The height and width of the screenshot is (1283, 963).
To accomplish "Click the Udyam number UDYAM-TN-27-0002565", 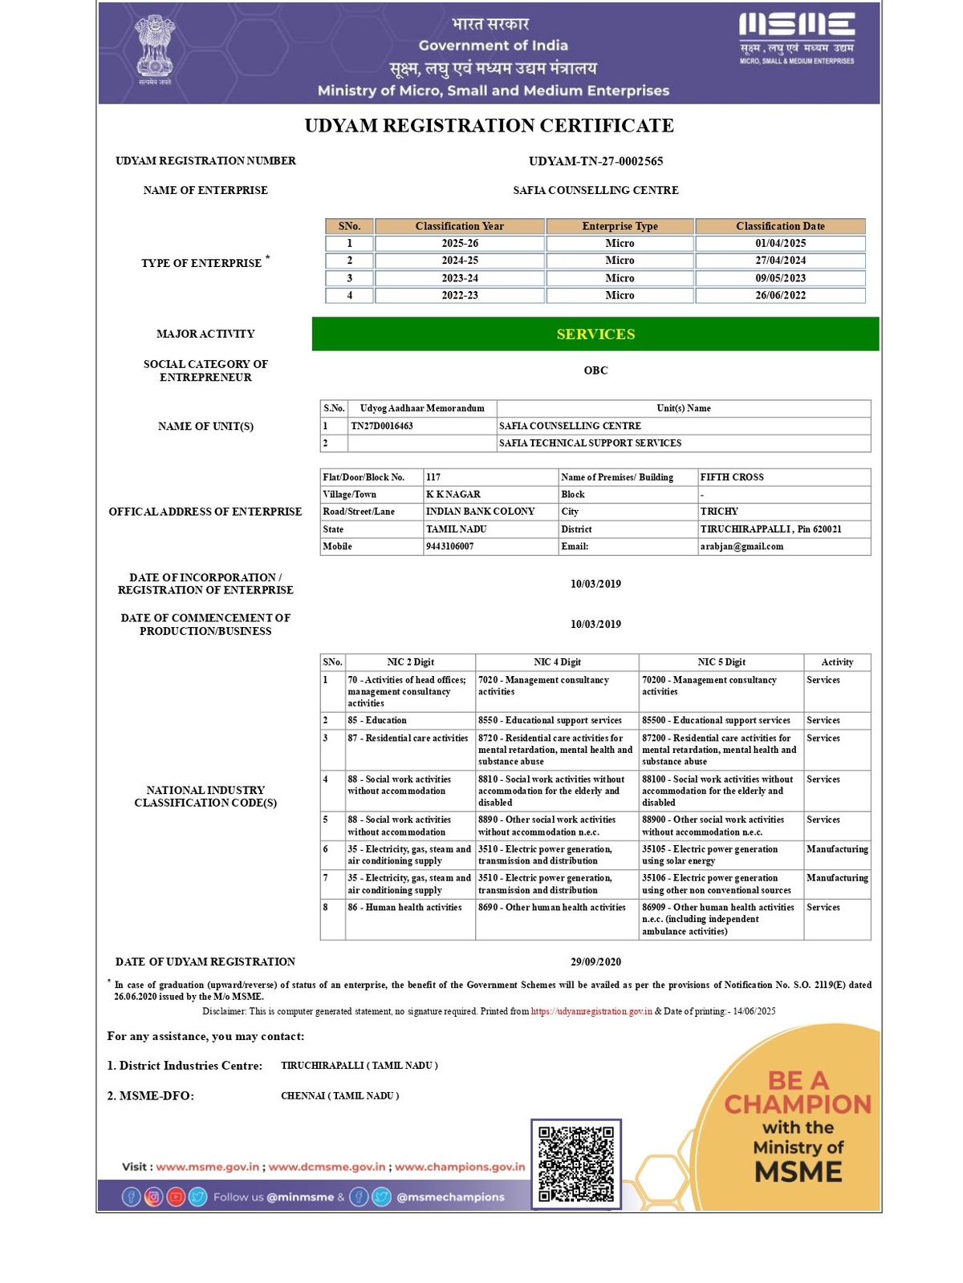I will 595,161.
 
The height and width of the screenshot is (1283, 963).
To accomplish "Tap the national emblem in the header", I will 154,48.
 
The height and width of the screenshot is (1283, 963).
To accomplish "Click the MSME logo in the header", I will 796,37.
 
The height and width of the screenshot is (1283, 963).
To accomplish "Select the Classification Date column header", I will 780,226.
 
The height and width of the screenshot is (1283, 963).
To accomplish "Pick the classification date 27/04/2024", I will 780,261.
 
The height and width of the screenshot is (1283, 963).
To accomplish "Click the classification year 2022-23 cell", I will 460,295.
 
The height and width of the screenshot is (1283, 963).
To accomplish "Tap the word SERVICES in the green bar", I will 595,334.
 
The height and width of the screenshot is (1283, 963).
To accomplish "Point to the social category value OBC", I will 595,370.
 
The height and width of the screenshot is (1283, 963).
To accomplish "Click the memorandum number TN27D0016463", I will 382,426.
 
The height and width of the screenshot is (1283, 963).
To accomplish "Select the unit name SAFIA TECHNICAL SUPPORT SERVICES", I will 590,443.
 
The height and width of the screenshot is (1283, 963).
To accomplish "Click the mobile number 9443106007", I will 450,546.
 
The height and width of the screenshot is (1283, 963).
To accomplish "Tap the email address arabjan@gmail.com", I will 742,546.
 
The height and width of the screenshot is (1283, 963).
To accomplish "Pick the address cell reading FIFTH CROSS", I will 732,477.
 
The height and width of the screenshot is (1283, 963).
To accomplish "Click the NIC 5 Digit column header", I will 721,662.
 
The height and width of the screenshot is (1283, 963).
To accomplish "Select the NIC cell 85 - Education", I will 377,720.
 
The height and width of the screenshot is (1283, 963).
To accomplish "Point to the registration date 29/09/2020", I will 595,961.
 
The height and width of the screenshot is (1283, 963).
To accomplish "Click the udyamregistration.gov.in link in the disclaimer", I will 591,1011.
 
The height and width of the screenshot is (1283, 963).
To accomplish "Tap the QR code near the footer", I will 575,1164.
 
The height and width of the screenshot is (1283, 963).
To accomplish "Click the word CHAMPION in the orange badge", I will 798,1104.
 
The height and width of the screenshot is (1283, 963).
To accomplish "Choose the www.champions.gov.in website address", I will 460,1167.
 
